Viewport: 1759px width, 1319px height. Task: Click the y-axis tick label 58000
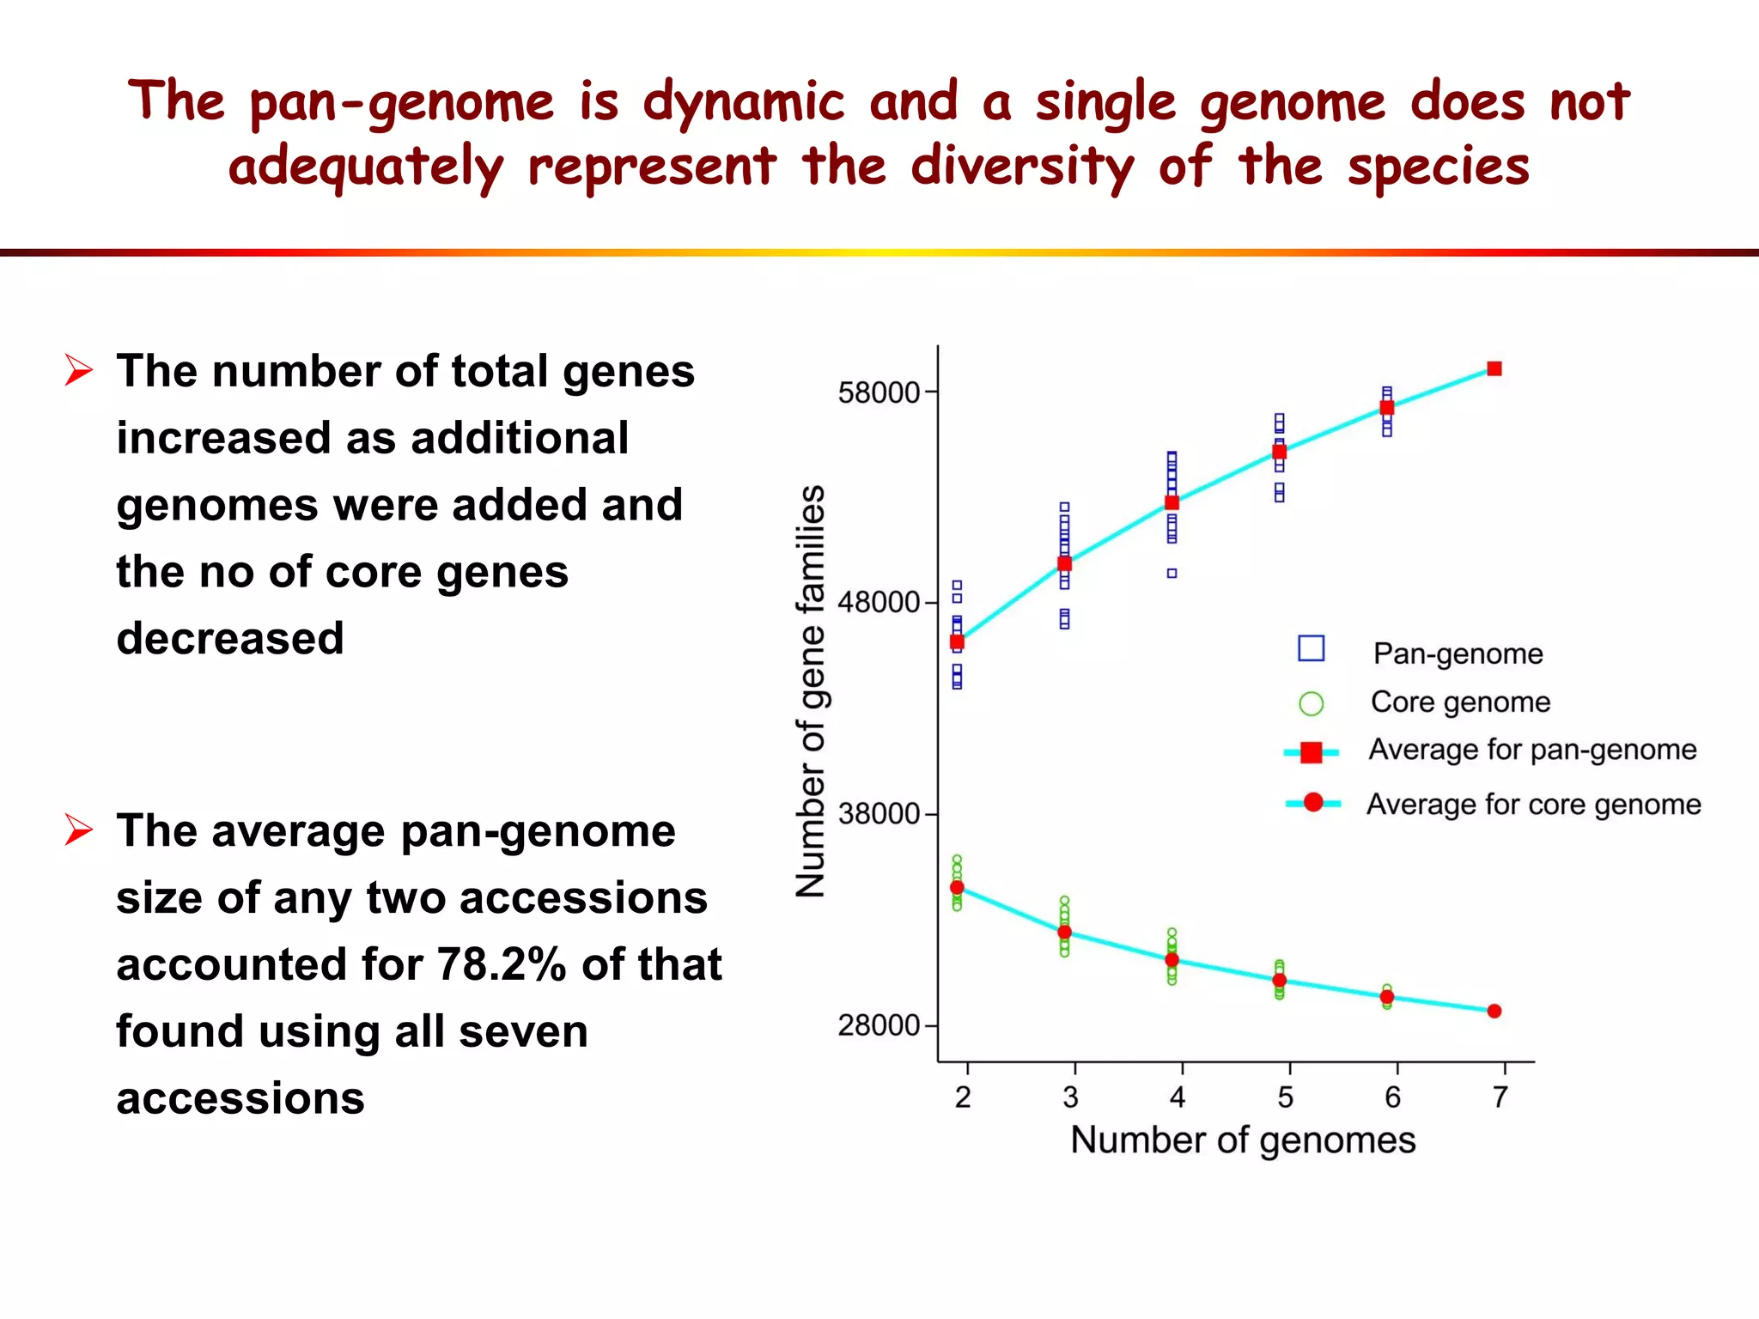pyautogui.click(x=878, y=393)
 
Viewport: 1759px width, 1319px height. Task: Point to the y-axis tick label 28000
pyautogui.click(x=878, y=1025)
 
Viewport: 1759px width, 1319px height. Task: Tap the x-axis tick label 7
pyautogui.click(x=1500, y=1097)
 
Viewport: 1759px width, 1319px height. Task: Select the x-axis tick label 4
pyautogui.click(x=1178, y=1097)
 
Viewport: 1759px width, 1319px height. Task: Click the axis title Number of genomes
pyautogui.click(x=1243, y=1140)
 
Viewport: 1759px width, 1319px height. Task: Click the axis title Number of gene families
pyautogui.click(x=811, y=691)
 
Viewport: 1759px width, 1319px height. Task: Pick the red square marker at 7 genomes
pyautogui.click(x=1494, y=368)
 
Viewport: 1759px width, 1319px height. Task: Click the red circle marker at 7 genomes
pyautogui.click(x=1494, y=1012)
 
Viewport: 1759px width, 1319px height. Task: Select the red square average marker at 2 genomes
pyautogui.click(x=957, y=641)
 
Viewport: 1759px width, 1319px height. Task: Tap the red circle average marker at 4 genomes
pyautogui.click(x=1172, y=960)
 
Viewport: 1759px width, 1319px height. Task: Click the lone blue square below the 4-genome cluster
pyautogui.click(x=1172, y=573)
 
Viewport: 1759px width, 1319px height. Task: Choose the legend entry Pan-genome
pyautogui.click(x=1458, y=653)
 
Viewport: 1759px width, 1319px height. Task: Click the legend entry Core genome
pyautogui.click(x=1460, y=702)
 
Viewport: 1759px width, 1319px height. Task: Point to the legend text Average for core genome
pyautogui.click(x=1533, y=805)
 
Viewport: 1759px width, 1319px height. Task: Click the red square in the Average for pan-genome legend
pyautogui.click(x=1312, y=752)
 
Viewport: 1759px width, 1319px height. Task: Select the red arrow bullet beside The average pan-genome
pyautogui.click(x=79, y=830)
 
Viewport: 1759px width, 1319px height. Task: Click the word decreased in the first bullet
pyautogui.click(x=230, y=639)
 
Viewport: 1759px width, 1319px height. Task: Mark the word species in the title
pyautogui.click(x=1439, y=167)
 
